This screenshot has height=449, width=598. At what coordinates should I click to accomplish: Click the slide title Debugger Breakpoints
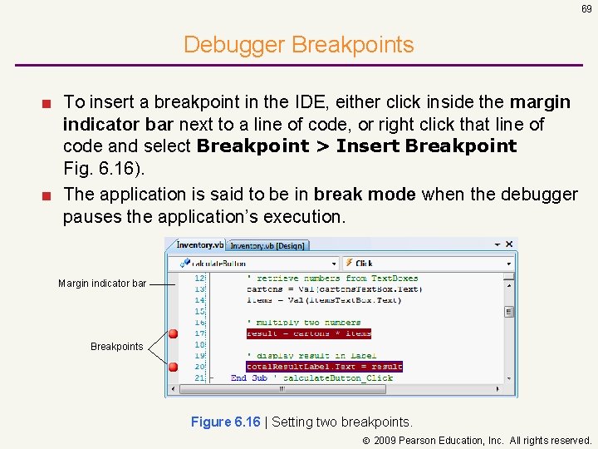tap(298, 44)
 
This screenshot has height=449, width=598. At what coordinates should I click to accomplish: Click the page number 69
tap(586, 8)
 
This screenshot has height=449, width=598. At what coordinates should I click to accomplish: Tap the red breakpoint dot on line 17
tap(173, 333)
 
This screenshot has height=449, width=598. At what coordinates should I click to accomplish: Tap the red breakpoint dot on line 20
tap(173, 367)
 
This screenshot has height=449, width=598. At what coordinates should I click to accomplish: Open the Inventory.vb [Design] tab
tap(267, 245)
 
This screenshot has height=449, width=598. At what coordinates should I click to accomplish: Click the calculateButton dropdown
tap(254, 263)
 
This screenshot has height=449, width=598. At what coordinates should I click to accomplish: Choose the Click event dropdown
tap(428, 263)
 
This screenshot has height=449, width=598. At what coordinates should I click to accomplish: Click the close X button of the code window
tap(510, 244)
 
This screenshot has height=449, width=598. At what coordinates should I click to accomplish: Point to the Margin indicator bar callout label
tap(102, 284)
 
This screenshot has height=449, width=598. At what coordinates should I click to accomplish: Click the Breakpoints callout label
tap(116, 346)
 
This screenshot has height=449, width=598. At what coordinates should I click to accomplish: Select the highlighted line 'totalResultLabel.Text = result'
tap(324, 367)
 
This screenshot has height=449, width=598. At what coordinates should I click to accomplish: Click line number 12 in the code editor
tap(199, 278)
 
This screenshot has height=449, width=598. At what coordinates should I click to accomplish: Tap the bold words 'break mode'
tap(376, 195)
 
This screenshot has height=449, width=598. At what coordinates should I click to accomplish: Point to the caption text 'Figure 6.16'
tap(225, 422)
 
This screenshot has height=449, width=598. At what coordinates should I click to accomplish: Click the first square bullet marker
tap(51, 103)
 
